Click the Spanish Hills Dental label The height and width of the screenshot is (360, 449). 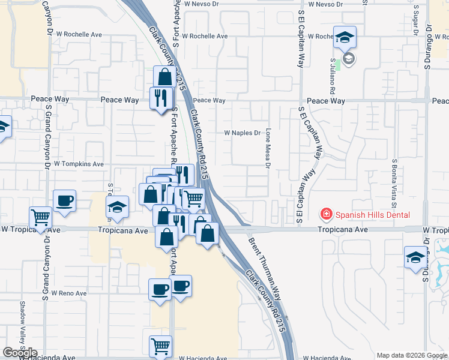tap(372, 214)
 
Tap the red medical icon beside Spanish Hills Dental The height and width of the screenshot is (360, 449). tap(326, 214)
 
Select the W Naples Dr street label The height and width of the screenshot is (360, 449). tap(243, 133)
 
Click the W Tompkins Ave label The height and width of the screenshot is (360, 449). tap(79, 163)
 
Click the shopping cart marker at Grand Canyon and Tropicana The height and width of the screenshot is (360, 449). tap(41, 217)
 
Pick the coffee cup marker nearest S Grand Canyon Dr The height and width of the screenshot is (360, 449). tap(64, 201)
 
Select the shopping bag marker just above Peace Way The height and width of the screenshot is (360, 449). tap(164, 77)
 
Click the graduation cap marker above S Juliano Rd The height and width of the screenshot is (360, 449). tap(345, 38)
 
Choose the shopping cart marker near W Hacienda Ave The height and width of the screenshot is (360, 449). tap(160, 346)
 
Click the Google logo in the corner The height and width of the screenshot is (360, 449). tap(20, 353)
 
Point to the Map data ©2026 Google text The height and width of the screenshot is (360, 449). tap(412, 355)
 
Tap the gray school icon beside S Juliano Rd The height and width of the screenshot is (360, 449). tap(348, 59)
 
